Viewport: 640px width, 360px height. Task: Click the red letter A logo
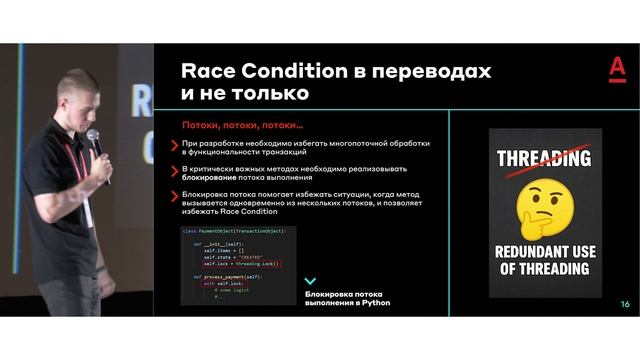click(617, 69)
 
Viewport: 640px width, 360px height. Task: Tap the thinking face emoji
click(544, 203)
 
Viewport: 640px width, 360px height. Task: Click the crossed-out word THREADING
click(543, 158)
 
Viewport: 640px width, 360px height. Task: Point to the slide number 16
click(625, 304)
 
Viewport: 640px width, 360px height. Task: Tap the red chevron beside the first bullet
click(176, 144)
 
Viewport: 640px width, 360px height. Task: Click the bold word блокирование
click(212, 178)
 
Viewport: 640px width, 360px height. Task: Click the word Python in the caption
click(375, 302)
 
